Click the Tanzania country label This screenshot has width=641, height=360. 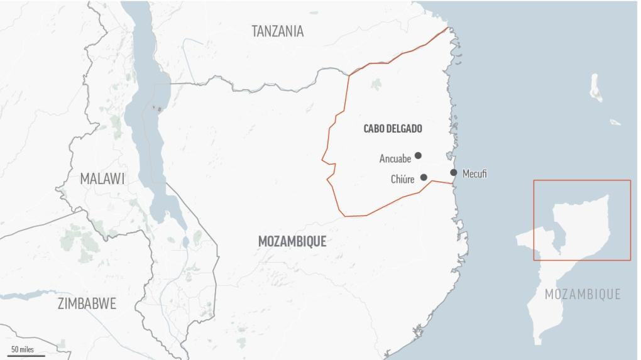(277, 31)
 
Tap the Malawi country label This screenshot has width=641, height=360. (102, 178)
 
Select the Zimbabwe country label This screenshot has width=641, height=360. (87, 304)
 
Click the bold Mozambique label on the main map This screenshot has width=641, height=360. (292, 241)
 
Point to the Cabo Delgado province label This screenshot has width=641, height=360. (393, 129)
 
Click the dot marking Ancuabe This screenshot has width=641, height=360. (418, 155)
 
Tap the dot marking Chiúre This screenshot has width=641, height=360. (424, 177)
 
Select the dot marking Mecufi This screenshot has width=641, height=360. (453, 173)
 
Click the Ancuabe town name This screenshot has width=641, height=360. (395, 159)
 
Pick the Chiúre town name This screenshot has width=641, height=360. (402, 180)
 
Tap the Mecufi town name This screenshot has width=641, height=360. (474, 174)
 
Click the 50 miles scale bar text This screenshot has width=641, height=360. (23, 349)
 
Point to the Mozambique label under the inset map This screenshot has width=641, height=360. (582, 294)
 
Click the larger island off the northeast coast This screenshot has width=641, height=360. (596, 88)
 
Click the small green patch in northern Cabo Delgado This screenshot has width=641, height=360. (376, 84)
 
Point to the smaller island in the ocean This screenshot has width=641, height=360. (615, 122)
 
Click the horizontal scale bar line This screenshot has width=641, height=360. (27, 356)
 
